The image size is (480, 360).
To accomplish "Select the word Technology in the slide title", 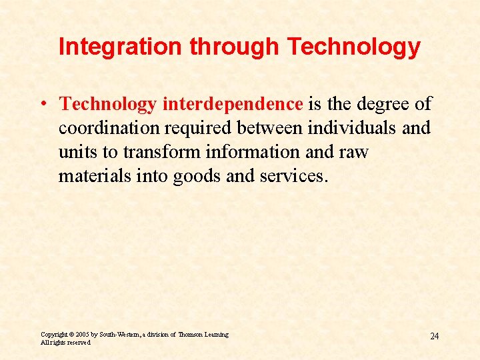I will click(x=353, y=47).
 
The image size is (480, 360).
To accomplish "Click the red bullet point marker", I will click(x=42, y=105).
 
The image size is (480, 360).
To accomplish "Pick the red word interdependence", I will click(x=233, y=104).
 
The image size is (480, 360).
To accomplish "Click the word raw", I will click(x=354, y=152).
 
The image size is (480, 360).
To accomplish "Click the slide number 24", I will click(x=434, y=336).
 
